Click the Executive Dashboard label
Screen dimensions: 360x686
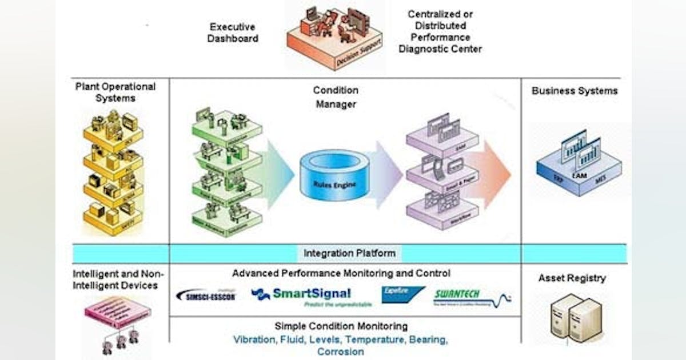tap(233, 33)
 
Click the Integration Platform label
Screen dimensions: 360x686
tap(349, 253)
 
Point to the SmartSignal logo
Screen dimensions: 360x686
tap(302, 295)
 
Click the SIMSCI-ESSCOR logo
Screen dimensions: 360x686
tap(206, 295)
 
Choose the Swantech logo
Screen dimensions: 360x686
tap(472, 296)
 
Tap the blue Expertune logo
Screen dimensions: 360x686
tap(403, 294)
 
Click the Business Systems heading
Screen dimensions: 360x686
tap(574, 91)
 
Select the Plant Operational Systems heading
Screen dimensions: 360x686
tap(115, 93)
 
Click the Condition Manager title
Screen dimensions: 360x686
tap(335, 97)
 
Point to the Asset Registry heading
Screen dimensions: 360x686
tap(572, 278)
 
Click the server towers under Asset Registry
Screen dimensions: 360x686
tap(575, 319)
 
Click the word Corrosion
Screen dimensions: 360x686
tap(340, 351)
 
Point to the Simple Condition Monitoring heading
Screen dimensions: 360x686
tap(341, 326)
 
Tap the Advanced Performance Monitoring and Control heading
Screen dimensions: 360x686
tap(341, 274)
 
